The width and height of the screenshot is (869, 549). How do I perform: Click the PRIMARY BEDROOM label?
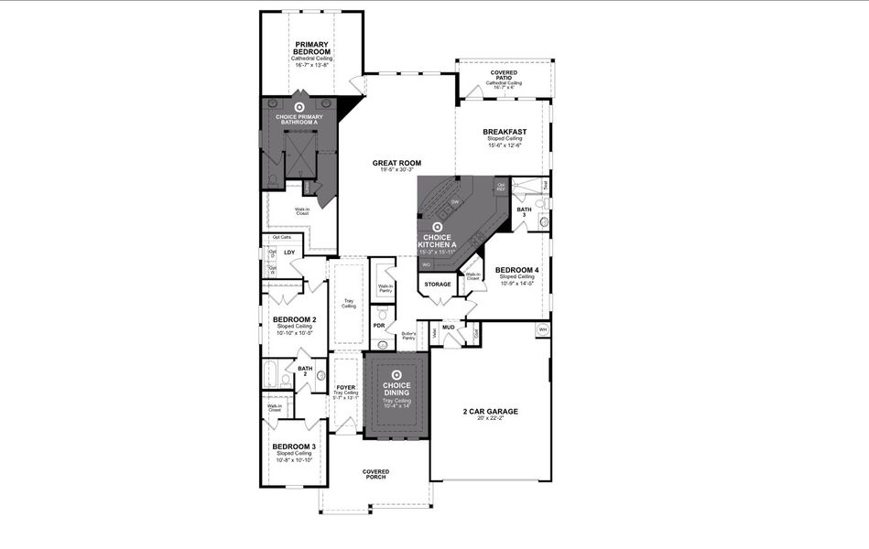pyautogui.click(x=312, y=48)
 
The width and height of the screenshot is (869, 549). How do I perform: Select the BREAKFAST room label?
pyautogui.click(x=505, y=132)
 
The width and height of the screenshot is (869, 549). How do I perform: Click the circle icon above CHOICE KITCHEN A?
pyautogui.click(x=438, y=226)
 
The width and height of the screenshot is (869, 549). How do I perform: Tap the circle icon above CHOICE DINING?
pyautogui.click(x=396, y=373)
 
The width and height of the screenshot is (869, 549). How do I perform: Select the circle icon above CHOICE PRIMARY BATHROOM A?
pyautogui.click(x=299, y=107)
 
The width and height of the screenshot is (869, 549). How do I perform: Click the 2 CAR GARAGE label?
pyautogui.click(x=490, y=412)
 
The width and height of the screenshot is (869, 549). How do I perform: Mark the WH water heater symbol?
pyautogui.click(x=542, y=329)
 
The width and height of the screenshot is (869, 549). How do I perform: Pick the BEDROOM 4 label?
pyautogui.click(x=517, y=270)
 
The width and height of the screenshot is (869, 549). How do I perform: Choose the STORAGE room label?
pyautogui.click(x=438, y=285)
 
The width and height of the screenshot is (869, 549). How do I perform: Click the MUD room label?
pyautogui.click(x=449, y=327)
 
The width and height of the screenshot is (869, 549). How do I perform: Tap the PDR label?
pyautogui.click(x=378, y=326)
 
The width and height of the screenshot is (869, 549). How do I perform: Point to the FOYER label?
pyautogui.click(x=345, y=388)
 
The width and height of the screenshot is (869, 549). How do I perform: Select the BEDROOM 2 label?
pyautogui.click(x=294, y=319)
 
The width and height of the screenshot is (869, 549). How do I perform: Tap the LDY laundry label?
pyautogui.click(x=289, y=253)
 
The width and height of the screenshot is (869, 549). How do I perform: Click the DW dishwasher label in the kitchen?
pyautogui.click(x=454, y=201)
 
